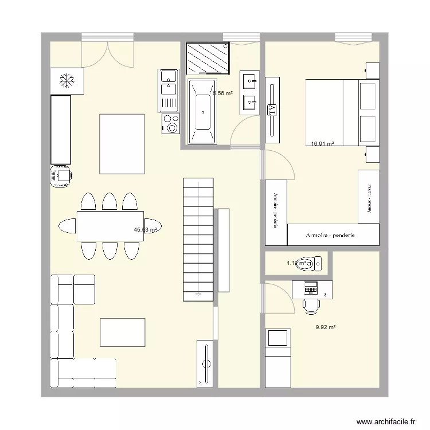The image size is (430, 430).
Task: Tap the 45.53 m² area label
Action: pos(146,230)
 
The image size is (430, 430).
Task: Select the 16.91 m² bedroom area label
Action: pos(323,144)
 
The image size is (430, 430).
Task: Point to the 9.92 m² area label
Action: pos(325,328)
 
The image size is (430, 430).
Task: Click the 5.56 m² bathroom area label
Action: pos(222,93)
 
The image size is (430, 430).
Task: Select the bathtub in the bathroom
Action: pos(203,111)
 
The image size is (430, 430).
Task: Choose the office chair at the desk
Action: pos(311,304)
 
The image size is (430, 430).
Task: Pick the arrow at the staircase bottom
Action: pos(198,294)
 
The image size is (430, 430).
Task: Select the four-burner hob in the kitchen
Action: pos(170,124)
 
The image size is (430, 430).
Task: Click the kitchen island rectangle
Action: pos(122,143)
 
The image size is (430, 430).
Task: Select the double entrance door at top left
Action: pos(108,53)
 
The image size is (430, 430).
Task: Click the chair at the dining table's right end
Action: pos(153,226)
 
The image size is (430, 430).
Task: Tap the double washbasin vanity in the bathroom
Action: pos(250,92)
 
